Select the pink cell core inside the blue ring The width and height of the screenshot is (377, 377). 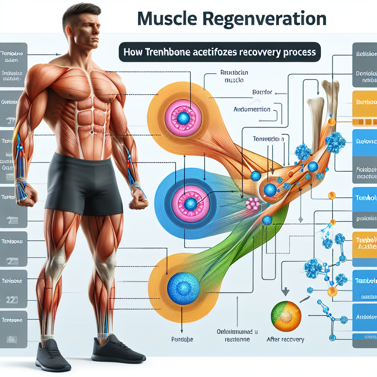click(191, 203)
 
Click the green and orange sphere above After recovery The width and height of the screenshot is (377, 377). click(286, 316)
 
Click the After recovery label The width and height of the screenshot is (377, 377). click(285, 339)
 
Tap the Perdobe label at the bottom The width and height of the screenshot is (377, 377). click(182, 339)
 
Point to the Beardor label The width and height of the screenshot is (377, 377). click(262, 92)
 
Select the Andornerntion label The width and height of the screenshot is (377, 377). click(252, 109)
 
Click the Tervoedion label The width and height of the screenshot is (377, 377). click(268, 139)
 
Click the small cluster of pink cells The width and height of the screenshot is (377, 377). click(253, 203)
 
